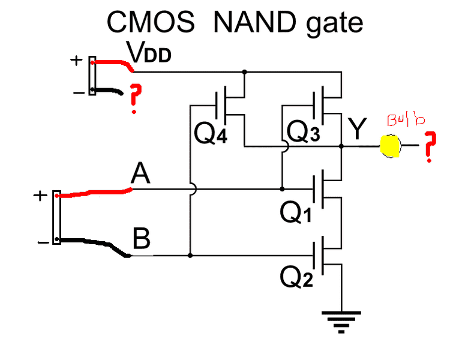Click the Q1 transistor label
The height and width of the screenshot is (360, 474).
(x=296, y=212)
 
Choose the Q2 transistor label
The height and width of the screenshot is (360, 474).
(x=296, y=276)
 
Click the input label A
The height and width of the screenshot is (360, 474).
(x=140, y=175)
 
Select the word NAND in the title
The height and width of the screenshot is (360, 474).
(x=256, y=23)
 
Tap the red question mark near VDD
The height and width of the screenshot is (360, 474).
(x=135, y=99)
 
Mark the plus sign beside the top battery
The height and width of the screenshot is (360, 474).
(x=76, y=60)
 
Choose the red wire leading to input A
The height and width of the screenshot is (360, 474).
(x=96, y=193)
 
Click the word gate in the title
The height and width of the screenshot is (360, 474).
(x=335, y=23)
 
